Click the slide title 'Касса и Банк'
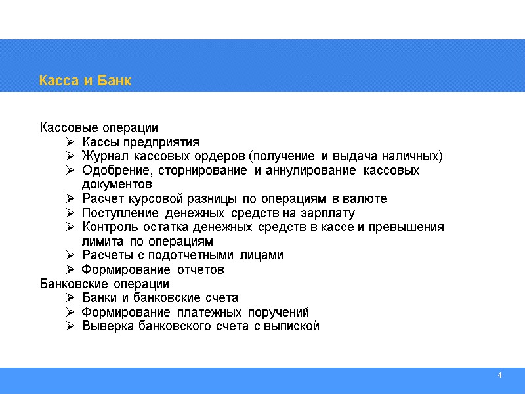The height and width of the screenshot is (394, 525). coord(85,81)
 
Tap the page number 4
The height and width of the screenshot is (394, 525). coord(500,375)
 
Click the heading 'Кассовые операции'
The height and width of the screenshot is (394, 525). coord(99,127)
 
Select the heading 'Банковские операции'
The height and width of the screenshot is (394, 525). coord(104,284)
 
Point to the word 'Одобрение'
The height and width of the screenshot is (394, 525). coord(112,171)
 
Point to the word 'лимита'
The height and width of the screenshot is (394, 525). coord(100,242)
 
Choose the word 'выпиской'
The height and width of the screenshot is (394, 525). coord(295,326)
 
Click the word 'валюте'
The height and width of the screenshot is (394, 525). coord(366,199)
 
